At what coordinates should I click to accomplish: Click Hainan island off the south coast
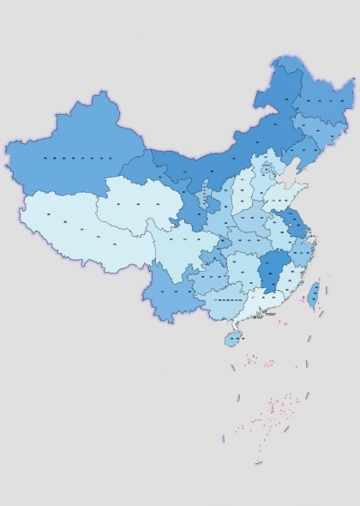coord(231,339)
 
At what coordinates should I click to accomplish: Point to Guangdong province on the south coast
coord(257,310)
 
